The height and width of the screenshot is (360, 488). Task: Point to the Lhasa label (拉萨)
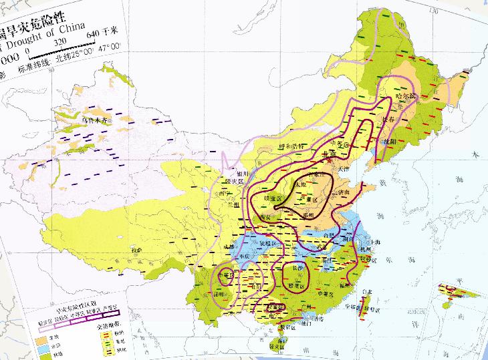click(x=136, y=250)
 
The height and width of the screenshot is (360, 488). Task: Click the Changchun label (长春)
click(x=388, y=120)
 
